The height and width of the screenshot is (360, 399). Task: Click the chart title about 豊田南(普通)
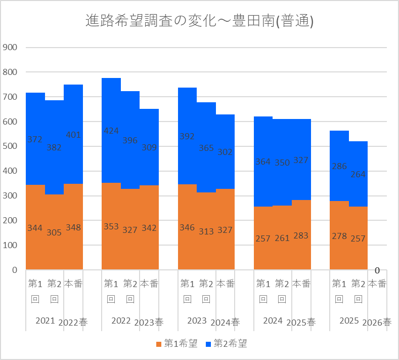[x=199, y=21]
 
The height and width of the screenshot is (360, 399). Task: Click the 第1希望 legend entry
[x=177, y=343]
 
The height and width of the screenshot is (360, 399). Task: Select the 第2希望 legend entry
[x=226, y=343]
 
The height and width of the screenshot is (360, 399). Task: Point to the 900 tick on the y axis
[x=10, y=48]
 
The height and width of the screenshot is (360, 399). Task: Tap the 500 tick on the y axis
[x=10, y=146]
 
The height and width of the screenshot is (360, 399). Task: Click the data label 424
[x=111, y=131]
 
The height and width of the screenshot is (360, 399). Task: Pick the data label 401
[x=73, y=135]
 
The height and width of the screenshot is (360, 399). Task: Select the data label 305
[x=54, y=232]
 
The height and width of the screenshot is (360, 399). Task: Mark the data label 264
[x=358, y=174]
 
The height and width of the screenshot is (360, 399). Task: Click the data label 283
[x=301, y=235]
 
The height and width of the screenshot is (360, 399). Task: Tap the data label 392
[x=187, y=136]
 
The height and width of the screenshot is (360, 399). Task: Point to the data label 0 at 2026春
[x=377, y=270]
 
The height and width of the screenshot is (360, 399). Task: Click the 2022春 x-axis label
[x=73, y=323]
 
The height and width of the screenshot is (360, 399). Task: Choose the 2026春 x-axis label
[x=377, y=323]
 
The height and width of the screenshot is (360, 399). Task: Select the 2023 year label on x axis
[x=197, y=321]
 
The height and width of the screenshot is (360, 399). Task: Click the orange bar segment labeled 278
[x=339, y=235]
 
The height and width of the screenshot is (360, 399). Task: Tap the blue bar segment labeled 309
[x=149, y=147]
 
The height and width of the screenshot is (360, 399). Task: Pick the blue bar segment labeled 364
[x=263, y=162]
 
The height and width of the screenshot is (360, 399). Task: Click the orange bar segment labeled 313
[x=206, y=231]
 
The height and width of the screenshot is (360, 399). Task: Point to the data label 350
[x=282, y=163]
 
